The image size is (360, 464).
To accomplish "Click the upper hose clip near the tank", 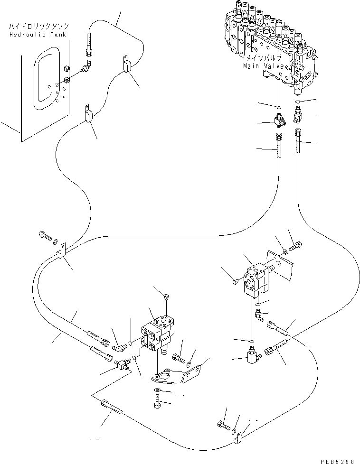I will pyautogui.click(x=127, y=65).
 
